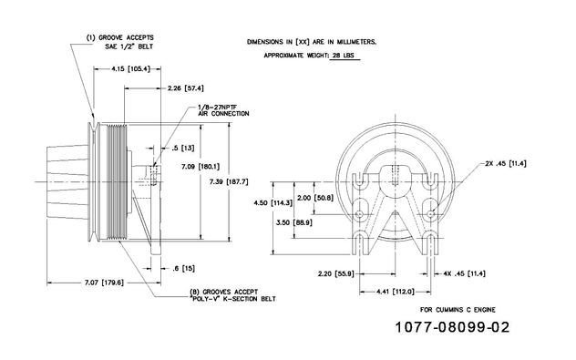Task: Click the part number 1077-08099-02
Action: click(452, 327)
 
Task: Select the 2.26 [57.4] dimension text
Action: click(186, 88)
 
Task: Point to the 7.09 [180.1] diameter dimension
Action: click(201, 167)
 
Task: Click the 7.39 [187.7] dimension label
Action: click(229, 181)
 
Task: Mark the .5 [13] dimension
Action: click(183, 148)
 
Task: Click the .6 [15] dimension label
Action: click(184, 269)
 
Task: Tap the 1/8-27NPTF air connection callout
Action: click(223, 110)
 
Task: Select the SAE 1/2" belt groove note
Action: click(120, 42)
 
